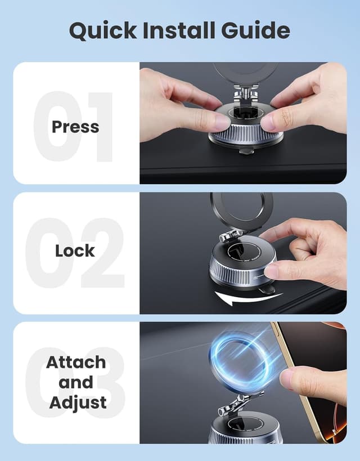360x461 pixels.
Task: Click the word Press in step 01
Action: coord(75,127)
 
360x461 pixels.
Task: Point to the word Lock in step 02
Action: coord(75,250)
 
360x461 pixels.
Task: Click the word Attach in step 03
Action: coord(75,362)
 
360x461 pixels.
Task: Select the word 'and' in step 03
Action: coord(75,382)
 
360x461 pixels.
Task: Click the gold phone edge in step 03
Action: coord(292,383)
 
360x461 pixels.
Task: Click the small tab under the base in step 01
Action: coord(244,150)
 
